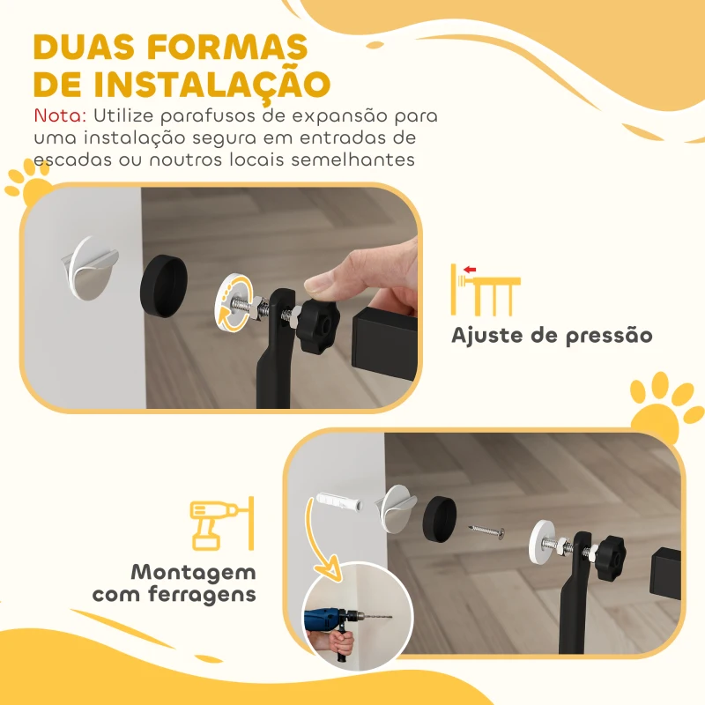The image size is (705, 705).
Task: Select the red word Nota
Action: point(60,115)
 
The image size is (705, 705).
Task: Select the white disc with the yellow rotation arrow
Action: point(234,304)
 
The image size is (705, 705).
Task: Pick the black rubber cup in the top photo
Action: point(164,279)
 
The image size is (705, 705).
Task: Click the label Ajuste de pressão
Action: point(552,336)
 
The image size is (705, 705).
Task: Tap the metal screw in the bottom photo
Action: point(486,531)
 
